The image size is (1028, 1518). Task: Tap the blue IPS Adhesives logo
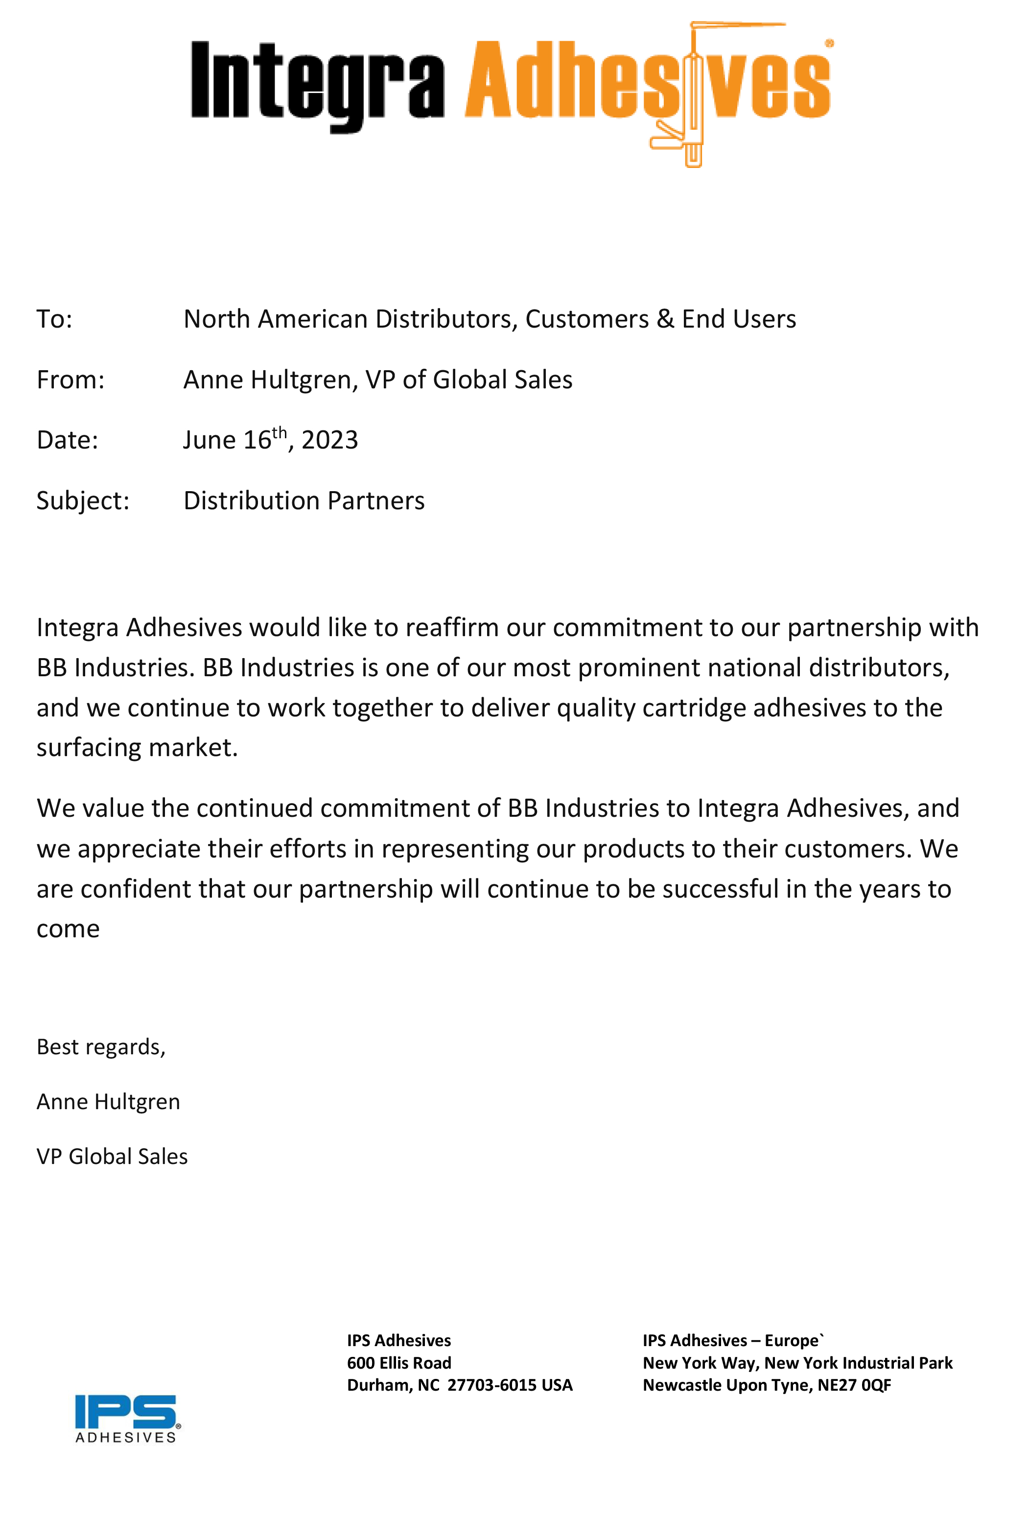coord(127,1418)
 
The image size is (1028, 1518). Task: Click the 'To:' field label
coord(54,319)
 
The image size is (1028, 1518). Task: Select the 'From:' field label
coord(70,380)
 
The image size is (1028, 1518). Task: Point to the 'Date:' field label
coord(67,440)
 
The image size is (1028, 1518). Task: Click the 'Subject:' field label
coord(83,501)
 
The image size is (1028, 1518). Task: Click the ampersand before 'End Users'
coord(665,319)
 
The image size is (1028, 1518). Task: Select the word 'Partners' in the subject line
coord(375,501)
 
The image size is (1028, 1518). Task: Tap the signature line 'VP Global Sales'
coord(112,1157)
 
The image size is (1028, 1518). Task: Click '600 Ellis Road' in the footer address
coord(399,1363)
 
